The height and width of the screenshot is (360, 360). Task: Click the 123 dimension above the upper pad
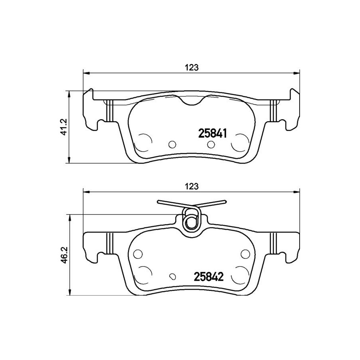192,68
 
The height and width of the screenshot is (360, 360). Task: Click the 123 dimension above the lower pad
192,186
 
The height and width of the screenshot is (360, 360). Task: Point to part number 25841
212,133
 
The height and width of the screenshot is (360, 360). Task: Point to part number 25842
209,277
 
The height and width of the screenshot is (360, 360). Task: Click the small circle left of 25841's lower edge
172,144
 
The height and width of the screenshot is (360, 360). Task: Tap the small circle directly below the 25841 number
211,144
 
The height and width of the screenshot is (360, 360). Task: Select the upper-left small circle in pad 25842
138,254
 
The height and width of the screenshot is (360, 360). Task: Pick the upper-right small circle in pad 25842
245,254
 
